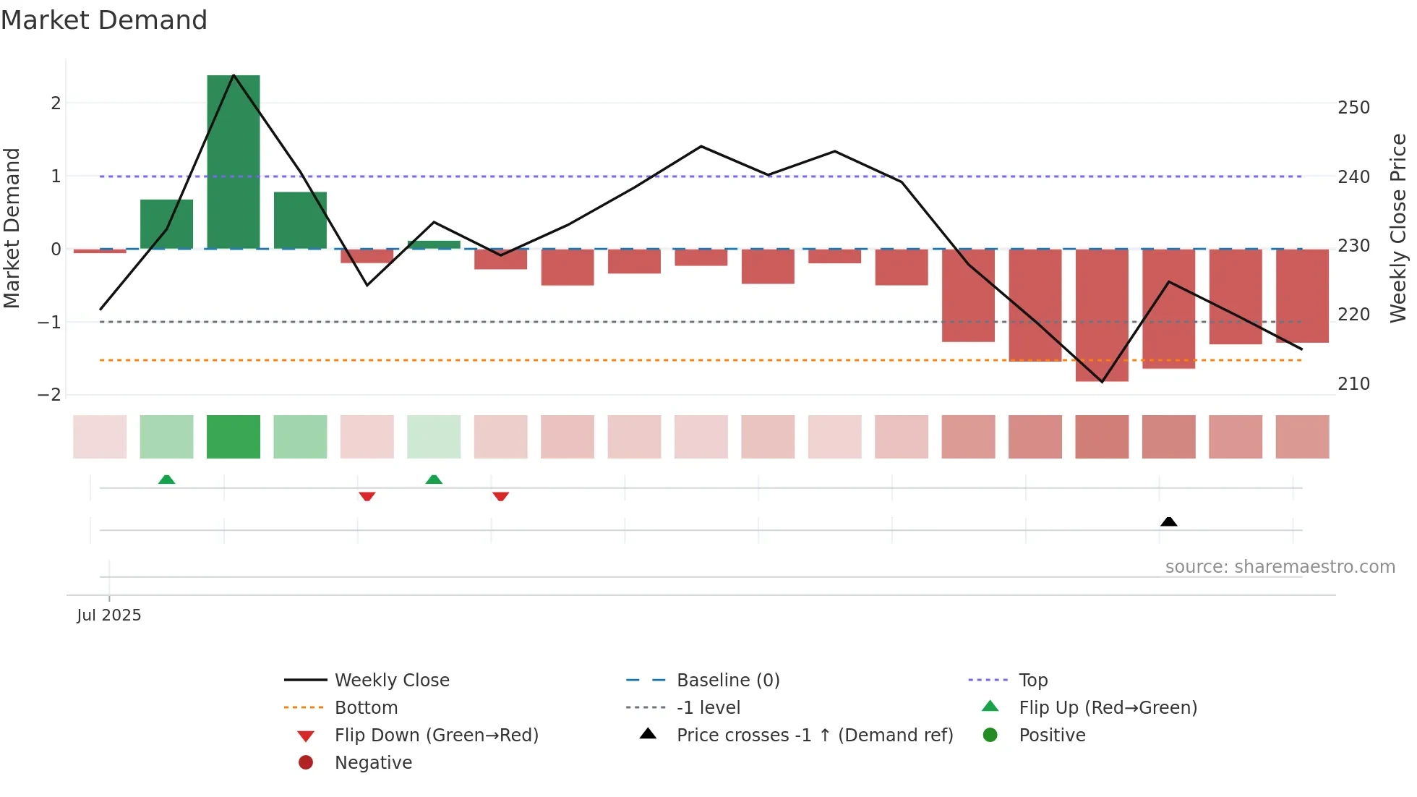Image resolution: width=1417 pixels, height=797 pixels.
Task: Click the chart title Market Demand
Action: (104, 20)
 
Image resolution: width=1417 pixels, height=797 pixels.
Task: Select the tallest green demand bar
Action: (234, 162)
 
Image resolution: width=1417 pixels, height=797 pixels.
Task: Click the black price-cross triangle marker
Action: (1168, 521)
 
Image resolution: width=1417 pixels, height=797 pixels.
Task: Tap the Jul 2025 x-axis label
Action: (109, 615)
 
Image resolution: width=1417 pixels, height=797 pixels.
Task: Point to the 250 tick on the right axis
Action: (1353, 108)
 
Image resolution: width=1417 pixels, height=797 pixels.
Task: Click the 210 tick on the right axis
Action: (1353, 384)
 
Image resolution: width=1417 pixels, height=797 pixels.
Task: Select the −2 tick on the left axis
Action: (49, 395)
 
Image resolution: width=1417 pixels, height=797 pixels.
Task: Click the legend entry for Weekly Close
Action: (391, 680)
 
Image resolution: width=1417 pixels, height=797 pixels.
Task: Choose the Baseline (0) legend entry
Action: (727, 680)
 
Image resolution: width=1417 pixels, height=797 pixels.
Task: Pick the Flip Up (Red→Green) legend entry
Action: (1108, 707)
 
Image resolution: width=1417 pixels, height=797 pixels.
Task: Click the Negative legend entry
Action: (373, 762)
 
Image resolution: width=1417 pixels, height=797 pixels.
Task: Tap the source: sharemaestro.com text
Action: (1280, 567)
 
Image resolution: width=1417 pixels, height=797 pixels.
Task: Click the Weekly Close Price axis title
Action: (1398, 228)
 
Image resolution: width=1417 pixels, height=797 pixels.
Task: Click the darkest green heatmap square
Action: (234, 437)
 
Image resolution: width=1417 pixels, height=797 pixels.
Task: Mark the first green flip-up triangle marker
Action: (167, 480)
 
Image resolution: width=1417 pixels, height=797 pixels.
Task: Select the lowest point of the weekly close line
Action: (1102, 381)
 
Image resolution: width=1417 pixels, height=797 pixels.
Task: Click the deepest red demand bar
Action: (1102, 315)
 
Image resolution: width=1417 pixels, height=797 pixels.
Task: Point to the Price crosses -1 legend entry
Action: (814, 735)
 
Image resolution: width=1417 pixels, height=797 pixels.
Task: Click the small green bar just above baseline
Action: (434, 244)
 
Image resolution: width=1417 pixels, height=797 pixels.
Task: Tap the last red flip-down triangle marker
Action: (500, 496)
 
